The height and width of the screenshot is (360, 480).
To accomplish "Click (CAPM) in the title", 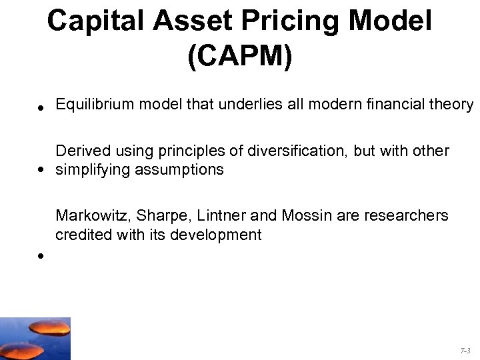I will point(239,57).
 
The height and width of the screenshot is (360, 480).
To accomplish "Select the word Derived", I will point(80,151).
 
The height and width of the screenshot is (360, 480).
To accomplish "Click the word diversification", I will point(299,151).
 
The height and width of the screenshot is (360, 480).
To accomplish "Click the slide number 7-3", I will point(465,349).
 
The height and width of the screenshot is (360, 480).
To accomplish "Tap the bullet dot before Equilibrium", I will point(41,107).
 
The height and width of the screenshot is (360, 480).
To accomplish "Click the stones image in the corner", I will point(35,338).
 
